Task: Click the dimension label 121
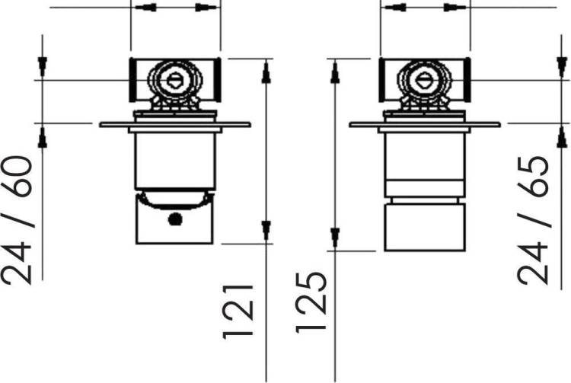coord(238,312)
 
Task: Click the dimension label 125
coord(311,303)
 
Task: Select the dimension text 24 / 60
coord(17,220)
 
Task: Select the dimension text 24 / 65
coord(532,220)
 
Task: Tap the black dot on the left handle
coord(175,219)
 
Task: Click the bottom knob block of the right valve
coord(424,228)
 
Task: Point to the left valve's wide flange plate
coord(175,125)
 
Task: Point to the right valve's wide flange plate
coord(425,125)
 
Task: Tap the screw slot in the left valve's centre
coord(175,80)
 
